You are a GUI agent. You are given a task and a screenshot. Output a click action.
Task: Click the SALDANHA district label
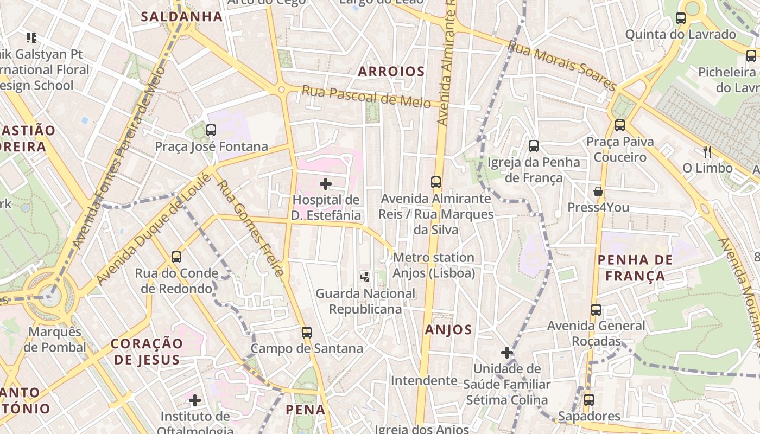182,16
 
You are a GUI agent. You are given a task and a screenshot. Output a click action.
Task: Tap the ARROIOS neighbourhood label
391,71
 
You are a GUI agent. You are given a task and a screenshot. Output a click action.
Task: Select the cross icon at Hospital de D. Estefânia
326,184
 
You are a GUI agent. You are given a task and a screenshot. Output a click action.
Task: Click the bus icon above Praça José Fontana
211,130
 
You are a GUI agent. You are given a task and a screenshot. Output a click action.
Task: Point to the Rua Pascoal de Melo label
366,96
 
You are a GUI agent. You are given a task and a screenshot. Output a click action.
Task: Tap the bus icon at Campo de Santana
307,332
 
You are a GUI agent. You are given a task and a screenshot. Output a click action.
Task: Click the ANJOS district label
448,329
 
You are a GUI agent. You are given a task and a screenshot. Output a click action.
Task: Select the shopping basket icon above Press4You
598,192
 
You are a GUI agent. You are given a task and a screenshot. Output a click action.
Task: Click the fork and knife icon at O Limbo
707,151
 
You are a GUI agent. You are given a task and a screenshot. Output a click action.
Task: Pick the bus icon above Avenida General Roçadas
596,310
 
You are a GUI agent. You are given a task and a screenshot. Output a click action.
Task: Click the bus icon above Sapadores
588,400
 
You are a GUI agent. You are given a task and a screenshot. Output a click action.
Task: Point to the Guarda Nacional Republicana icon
365,277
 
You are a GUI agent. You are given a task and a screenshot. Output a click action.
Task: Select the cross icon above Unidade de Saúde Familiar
506,353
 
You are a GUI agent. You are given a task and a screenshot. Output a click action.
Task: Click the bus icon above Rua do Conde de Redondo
176,257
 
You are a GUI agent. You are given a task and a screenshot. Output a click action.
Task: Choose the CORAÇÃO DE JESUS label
146,351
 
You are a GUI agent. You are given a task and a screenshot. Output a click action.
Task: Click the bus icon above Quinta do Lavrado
680,18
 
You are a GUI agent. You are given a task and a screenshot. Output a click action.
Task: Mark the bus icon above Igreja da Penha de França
534,146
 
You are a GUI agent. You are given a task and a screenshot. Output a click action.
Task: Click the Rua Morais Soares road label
562,66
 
